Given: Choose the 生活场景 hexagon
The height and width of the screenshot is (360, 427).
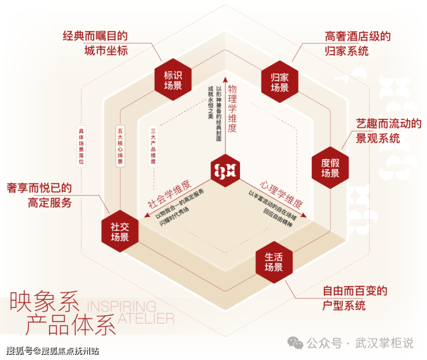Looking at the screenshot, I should point(274,261).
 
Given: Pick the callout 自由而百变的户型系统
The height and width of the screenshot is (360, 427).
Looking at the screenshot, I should point(354,298).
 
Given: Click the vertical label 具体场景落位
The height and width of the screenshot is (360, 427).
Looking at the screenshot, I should point(81,147).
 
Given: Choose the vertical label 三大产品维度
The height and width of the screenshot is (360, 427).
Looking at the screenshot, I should point(153,147).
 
